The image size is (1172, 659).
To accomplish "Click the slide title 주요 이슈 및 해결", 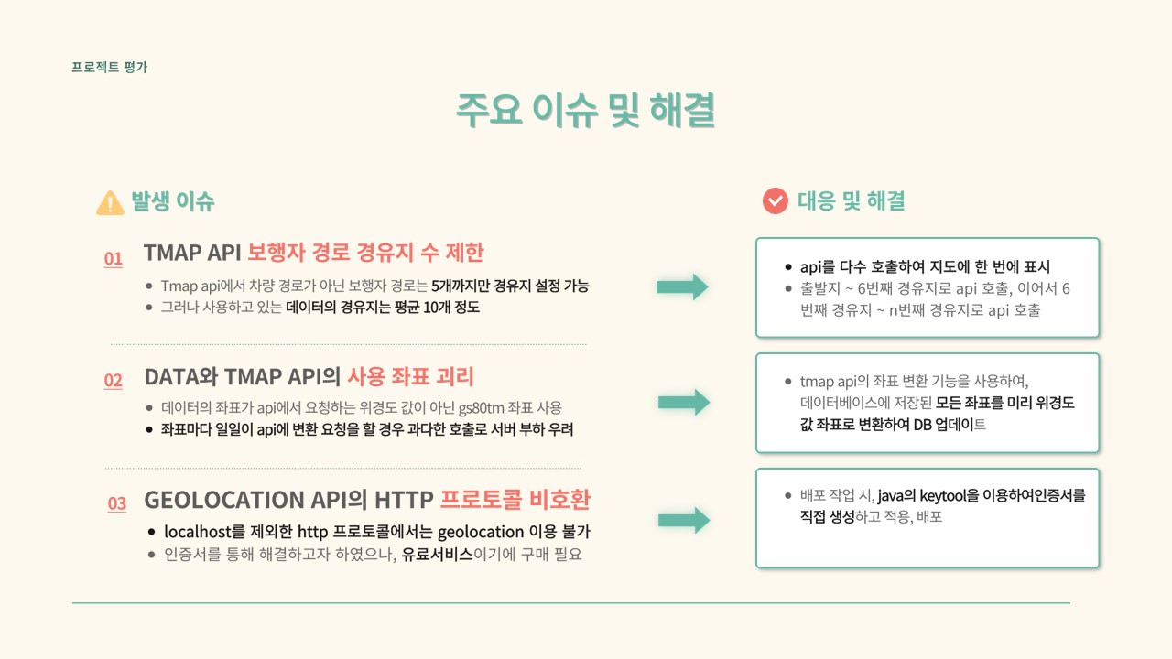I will coord(586,111).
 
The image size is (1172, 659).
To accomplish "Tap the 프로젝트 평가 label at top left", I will coord(109,67).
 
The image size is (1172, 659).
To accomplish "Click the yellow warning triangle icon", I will coord(110,202).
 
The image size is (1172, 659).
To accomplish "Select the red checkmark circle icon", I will coord(776,201).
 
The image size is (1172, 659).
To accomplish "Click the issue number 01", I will coord(113,259).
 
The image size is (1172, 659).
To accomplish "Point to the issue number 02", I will coord(113,381).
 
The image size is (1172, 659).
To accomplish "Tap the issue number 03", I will coord(116,503).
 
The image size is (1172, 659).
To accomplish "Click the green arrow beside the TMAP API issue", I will coord(682,286).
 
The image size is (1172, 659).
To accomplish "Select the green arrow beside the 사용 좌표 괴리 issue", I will coord(683,402).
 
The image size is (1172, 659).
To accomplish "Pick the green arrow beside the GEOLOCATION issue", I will coord(683,520).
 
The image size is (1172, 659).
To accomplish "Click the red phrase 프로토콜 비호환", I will coord(515,500).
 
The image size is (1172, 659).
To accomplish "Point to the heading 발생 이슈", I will coord(173,201).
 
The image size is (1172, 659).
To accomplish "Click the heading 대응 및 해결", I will coord(852,201).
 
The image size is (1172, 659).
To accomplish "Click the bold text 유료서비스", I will coord(437,554).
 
